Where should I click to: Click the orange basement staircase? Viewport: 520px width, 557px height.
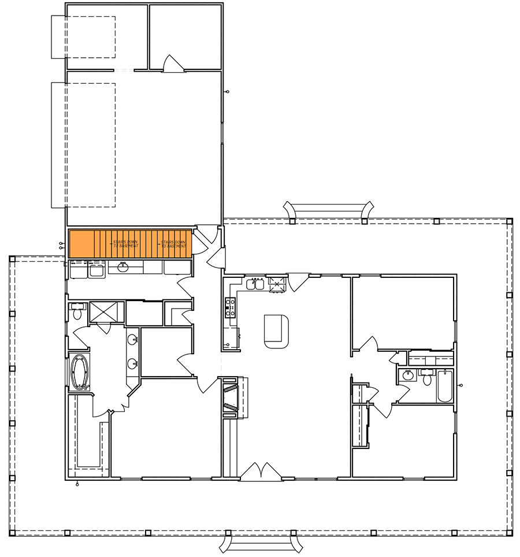click(x=130, y=243)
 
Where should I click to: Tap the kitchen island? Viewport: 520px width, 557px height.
click(x=276, y=331)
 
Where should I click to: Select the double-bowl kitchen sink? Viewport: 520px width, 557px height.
click(x=255, y=284)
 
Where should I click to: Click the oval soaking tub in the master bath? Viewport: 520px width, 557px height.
click(x=80, y=371)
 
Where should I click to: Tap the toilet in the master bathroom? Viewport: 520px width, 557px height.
click(x=76, y=313)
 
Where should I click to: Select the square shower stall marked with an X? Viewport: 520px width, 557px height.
click(x=106, y=311)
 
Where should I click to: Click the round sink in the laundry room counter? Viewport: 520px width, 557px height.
click(x=122, y=267)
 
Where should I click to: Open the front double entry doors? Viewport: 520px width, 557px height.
click(x=261, y=471)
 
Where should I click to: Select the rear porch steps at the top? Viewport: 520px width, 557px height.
click(x=328, y=209)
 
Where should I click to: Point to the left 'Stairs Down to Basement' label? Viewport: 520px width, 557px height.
click(x=125, y=243)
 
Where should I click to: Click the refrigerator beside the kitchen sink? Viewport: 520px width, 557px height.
click(x=277, y=283)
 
